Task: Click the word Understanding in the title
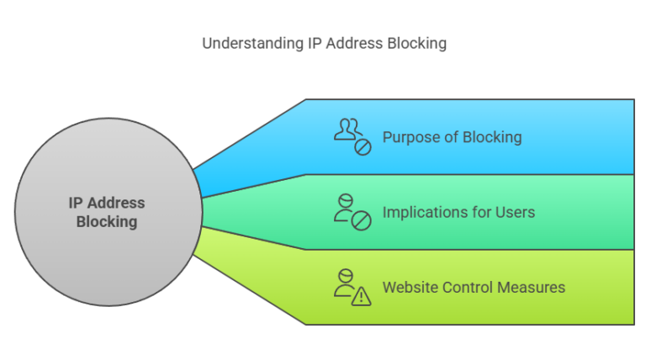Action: pos(244,43)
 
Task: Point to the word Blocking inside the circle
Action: pos(107,222)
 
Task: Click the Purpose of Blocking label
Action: pos(452,137)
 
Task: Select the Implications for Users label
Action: pos(458,212)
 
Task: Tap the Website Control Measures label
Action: pos(474,288)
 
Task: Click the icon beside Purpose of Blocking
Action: pos(352,137)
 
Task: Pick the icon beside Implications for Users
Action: pos(352,212)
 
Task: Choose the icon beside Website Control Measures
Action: pos(352,287)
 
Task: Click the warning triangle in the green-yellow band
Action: pos(362,295)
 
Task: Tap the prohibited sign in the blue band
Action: pos(362,146)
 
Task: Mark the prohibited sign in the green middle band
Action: pos(362,221)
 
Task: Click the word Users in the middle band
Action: pos(516,212)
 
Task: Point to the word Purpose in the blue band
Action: pos(410,137)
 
